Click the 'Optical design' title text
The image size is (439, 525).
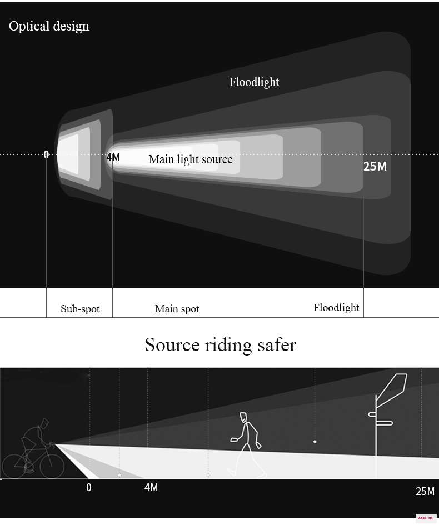49,27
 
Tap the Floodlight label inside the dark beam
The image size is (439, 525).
254,82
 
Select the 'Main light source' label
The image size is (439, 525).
191,159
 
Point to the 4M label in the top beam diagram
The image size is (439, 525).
113,157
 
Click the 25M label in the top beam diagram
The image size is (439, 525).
375,167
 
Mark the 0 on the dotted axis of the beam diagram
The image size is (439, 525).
46,154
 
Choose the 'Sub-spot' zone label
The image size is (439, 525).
80,309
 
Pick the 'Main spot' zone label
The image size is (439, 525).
177,309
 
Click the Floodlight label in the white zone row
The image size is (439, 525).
336,308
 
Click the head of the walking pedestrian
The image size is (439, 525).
244,417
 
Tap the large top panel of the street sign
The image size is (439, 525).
392,386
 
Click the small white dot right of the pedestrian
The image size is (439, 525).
315,442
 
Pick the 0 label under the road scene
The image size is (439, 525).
89,487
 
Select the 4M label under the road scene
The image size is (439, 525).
151,487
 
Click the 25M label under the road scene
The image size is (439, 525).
425,491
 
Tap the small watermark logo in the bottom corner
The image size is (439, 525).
426,518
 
